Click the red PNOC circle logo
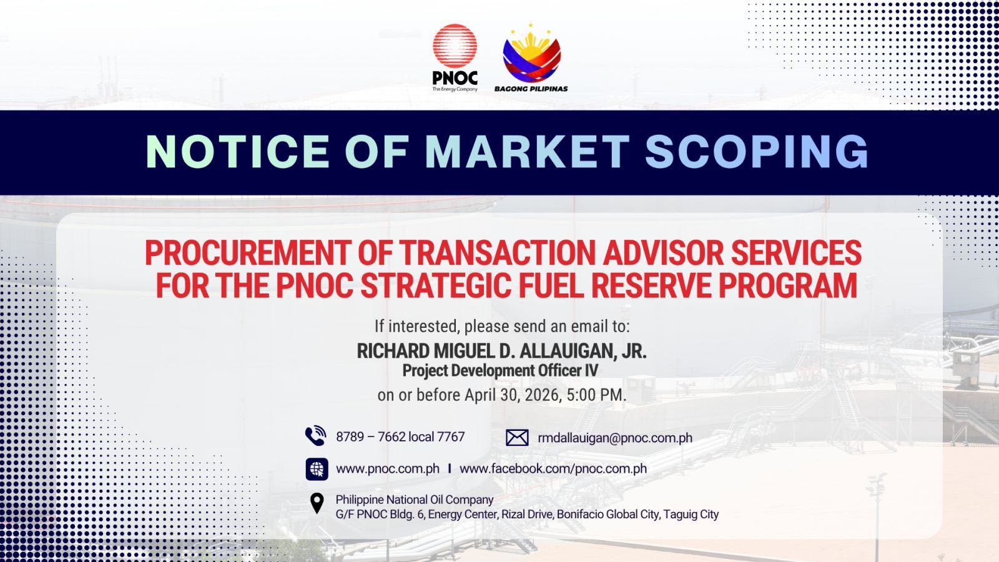pos(455,46)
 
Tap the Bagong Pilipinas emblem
pos(532,54)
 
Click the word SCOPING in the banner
pos(756,152)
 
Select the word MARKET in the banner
pos(527,152)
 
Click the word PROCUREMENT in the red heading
pos(247,253)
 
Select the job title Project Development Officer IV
pos(500,370)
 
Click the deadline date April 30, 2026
pos(511,395)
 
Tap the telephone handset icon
pos(316,436)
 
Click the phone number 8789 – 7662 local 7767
pos(400,436)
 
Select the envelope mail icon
pos(517,438)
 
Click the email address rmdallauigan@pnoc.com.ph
pos(615,438)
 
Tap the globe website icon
pos(317,469)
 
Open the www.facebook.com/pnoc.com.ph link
pos(553,468)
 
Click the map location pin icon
pos(317,503)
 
